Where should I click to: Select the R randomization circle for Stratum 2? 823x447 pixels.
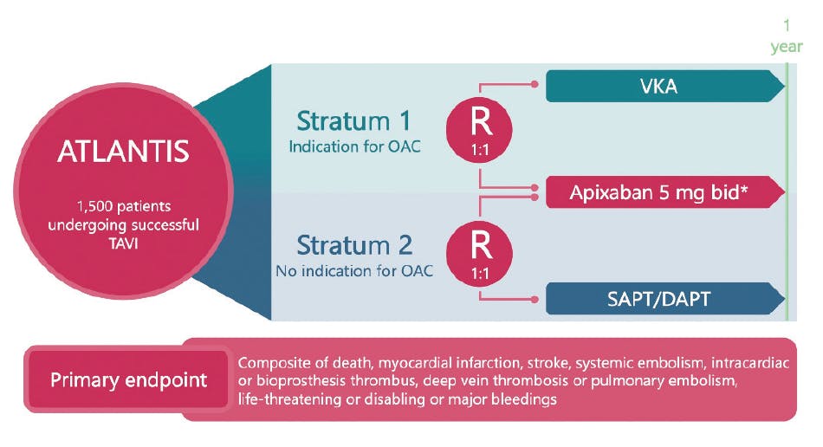481,251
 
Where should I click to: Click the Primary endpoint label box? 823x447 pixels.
128,379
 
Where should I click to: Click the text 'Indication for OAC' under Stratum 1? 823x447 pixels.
355,146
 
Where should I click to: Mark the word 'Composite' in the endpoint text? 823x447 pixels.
270,362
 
